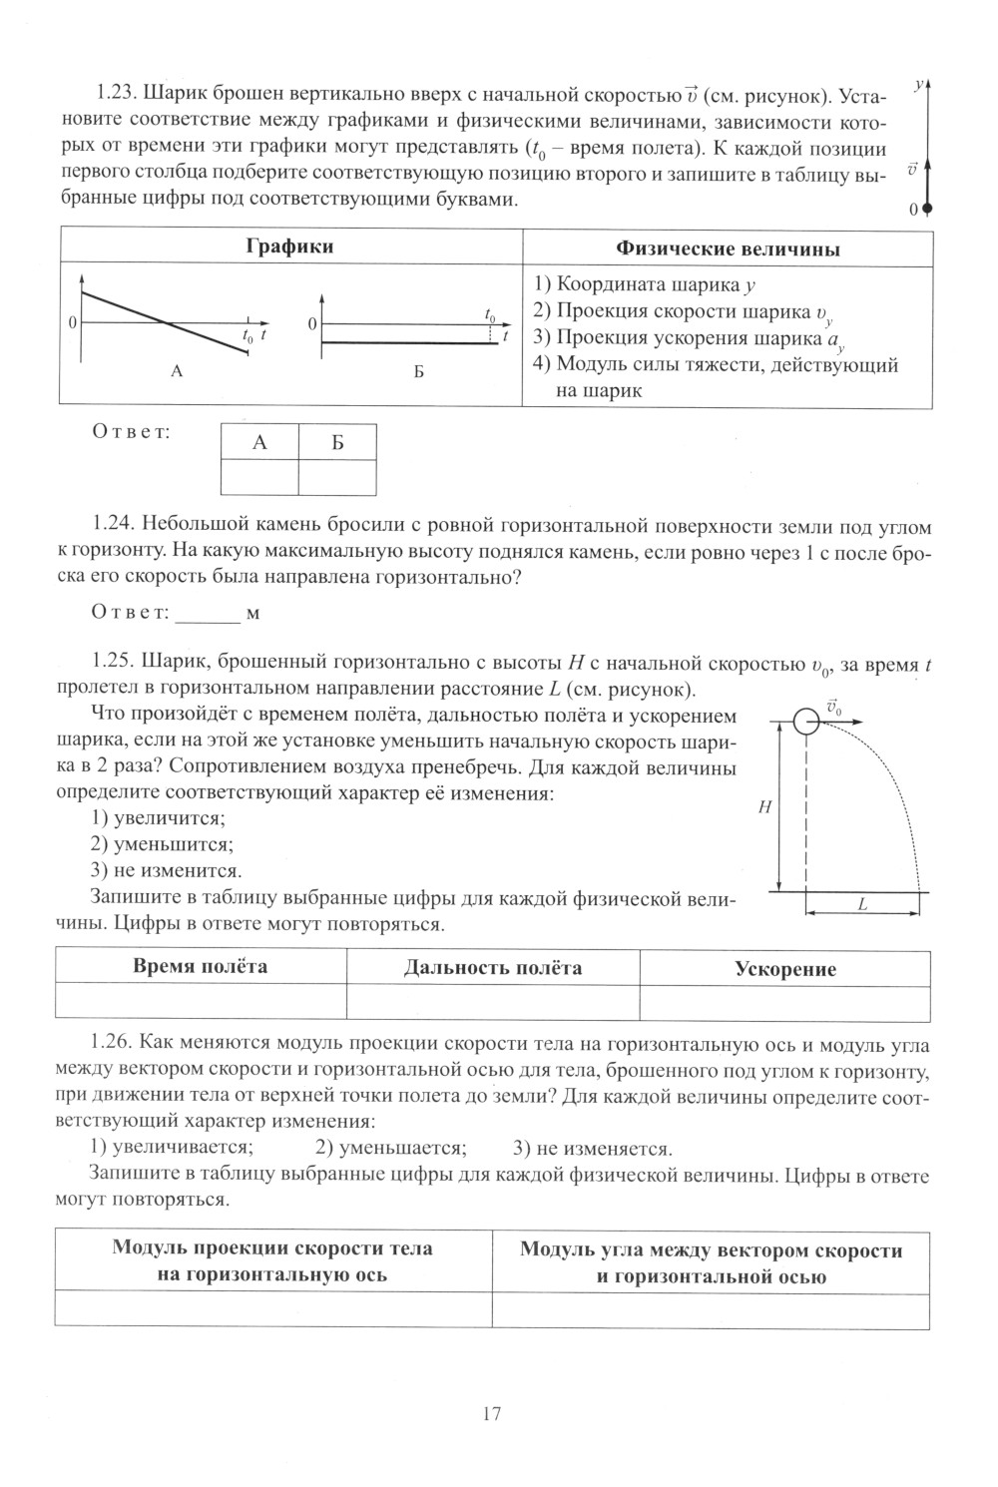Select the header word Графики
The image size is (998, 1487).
click(x=289, y=247)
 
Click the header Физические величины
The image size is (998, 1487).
click(x=728, y=248)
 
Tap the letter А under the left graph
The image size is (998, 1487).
click(x=178, y=371)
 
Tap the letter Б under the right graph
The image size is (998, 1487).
click(x=419, y=372)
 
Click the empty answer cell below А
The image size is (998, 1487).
click(x=259, y=476)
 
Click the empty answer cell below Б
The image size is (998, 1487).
click(x=337, y=476)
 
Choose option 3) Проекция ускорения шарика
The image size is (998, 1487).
click(x=689, y=337)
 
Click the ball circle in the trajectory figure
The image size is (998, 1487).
click(x=805, y=722)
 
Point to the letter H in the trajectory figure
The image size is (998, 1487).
click(x=763, y=808)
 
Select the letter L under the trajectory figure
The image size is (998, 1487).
click(x=861, y=905)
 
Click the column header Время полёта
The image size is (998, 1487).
click(x=201, y=966)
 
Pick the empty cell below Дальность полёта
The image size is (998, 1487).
click(x=493, y=1002)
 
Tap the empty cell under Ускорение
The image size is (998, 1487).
click(x=785, y=1002)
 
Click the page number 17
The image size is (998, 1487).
click(x=491, y=1413)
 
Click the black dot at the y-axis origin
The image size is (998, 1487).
click(x=927, y=209)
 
